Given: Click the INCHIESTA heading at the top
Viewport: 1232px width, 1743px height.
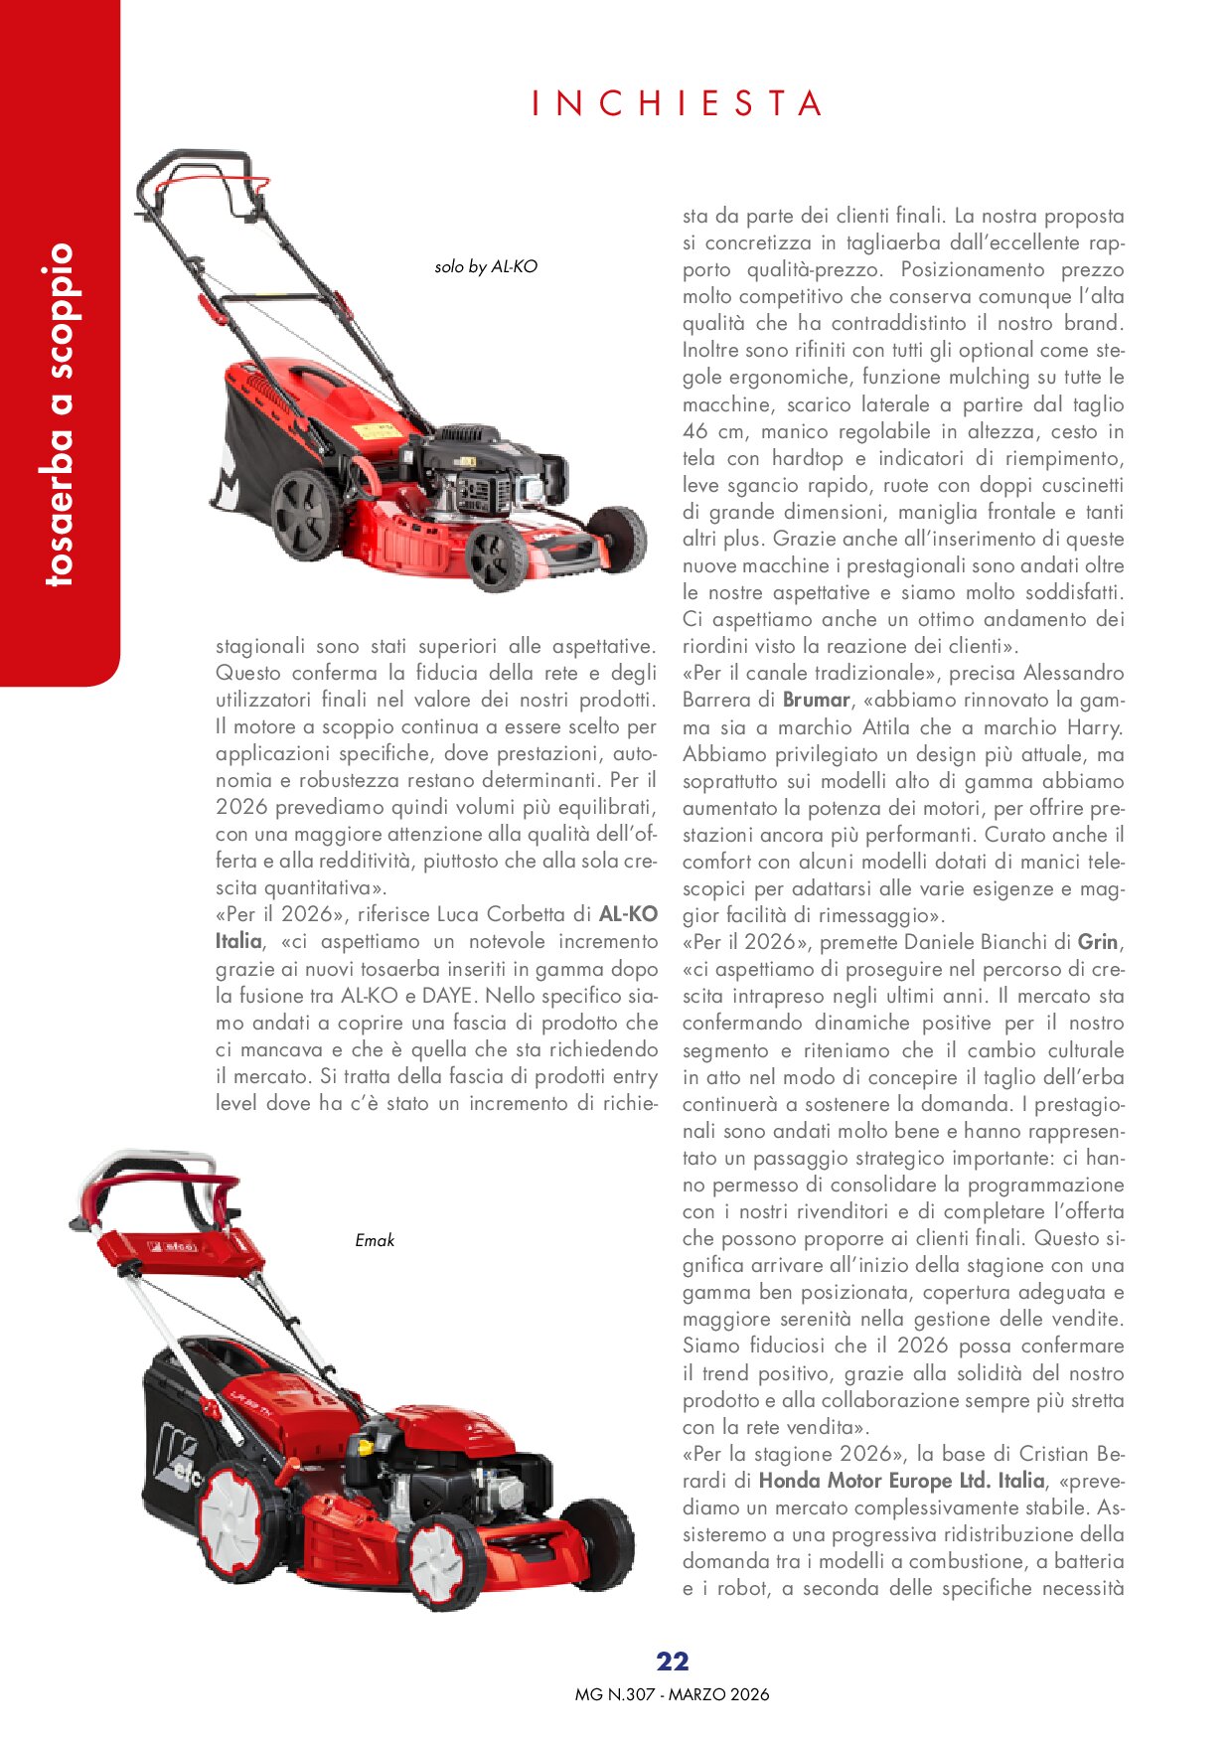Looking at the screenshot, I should (678, 103).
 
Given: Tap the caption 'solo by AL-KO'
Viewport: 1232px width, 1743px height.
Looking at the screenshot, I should (486, 266).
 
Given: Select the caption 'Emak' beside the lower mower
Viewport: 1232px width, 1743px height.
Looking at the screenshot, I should (375, 1240).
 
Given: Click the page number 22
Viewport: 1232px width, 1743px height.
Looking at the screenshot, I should (673, 1662).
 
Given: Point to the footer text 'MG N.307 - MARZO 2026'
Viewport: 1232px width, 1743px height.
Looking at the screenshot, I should (672, 1694).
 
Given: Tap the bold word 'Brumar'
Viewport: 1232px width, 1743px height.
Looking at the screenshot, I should (818, 700).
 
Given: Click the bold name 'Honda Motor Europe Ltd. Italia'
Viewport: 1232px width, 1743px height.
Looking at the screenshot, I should (901, 1481).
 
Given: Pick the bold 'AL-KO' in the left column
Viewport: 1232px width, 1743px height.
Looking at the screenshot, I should (628, 914).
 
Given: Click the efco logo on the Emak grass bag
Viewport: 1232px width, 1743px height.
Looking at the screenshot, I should (179, 1461).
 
